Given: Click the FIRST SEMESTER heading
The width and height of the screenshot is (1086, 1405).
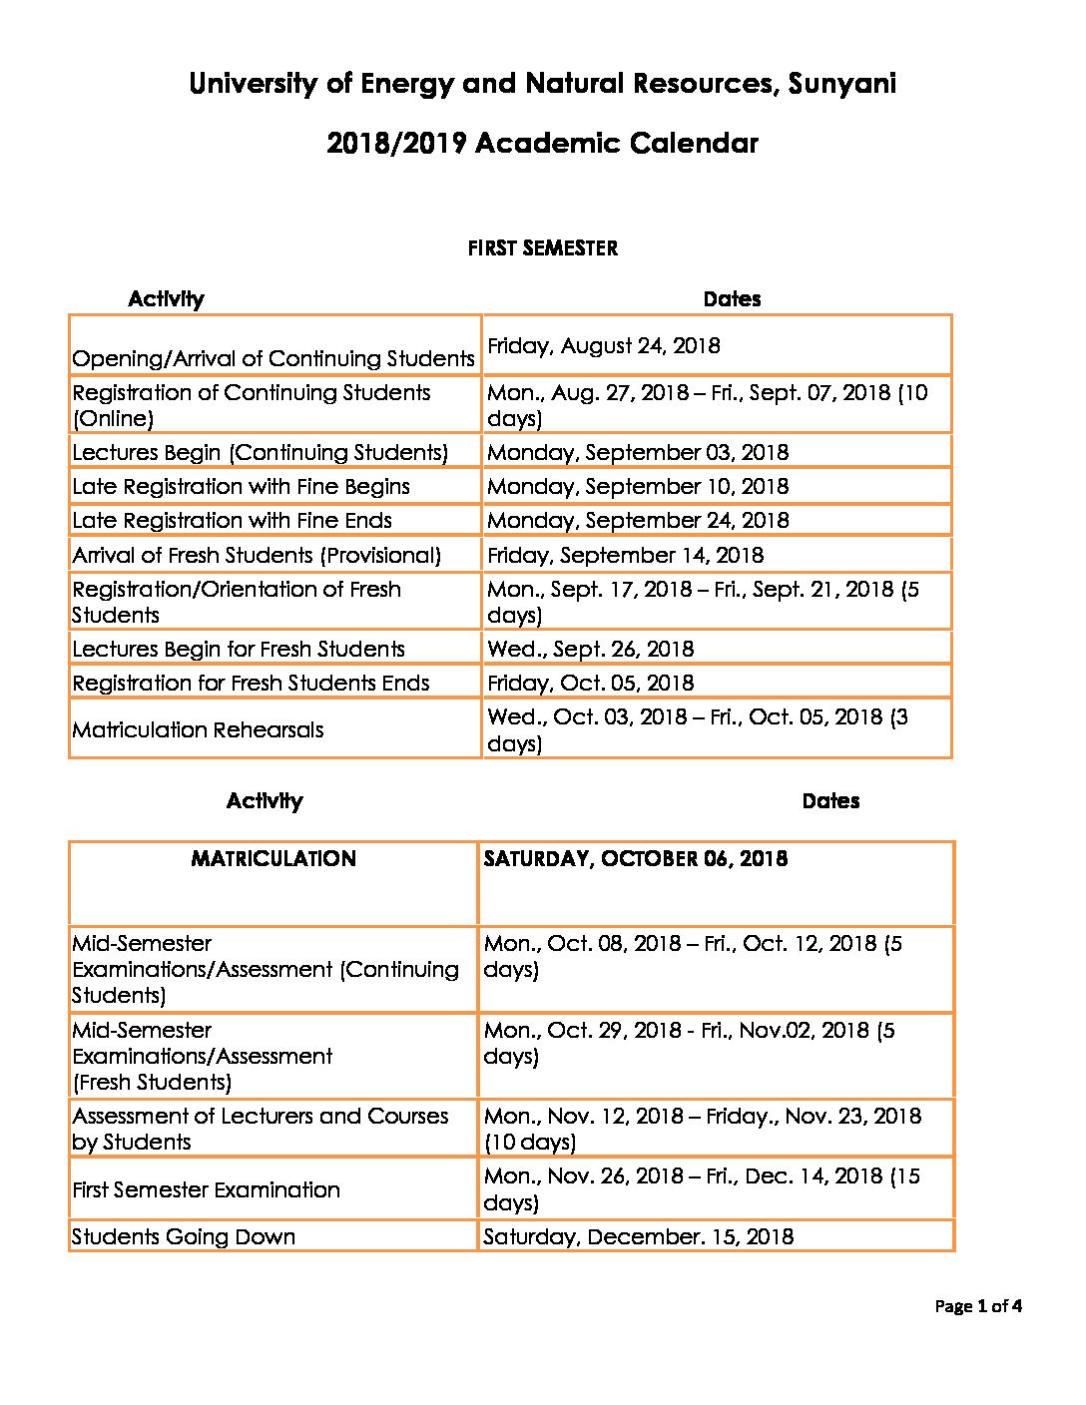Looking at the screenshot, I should pyautogui.click(x=542, y=248).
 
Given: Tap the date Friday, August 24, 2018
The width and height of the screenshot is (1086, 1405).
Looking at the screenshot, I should pyautogui.click(x=603, y=346).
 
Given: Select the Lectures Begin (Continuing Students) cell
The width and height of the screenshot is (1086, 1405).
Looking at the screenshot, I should pyautogui.click(x=260, y=453).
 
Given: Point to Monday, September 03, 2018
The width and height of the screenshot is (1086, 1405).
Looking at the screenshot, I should pyautogui.click(x=637, y=453).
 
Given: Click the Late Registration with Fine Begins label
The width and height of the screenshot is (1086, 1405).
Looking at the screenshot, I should pyautogui.click(x=241, y=487).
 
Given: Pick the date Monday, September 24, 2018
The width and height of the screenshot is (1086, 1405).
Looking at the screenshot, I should pyautogui.click(x=637, y=521).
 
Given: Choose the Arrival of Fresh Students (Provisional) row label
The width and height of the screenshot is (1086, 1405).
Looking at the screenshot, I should pyautogui.click(x=257, y=555).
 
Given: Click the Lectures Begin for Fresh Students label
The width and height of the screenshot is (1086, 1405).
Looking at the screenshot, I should pyautogui.click(x=239, y=650).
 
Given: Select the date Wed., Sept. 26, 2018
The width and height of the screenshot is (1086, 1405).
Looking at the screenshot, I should pyautogui.click(x=590, y=650).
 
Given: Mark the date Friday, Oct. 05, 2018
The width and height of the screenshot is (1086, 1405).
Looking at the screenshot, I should pyautogui.click(x=590, y=684).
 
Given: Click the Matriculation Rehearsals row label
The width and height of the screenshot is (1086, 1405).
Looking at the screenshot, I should pyautogui.click(x=198, y=730).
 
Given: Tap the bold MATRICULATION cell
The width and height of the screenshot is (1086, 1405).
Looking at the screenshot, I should pyautogui.click(x=272, y=859).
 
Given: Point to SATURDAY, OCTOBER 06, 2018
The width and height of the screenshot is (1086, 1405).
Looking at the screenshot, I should pyautogui.click(x=635, y=859).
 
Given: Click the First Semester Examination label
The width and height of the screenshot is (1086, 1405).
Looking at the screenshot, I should pyautogui.click(x=206, y=1190).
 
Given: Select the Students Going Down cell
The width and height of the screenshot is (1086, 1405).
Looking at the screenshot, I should pyautogui.click(x=184, y=1237).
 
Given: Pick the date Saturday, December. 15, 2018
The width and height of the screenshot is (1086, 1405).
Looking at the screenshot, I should pyautogui.click(x=638, y=1237).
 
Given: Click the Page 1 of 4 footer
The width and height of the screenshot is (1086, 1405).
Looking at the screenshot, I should pyautogui.click(x=977, y=1306).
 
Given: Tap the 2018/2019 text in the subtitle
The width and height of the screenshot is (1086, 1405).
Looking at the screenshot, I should pyautogui.click(x=396, y=144).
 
